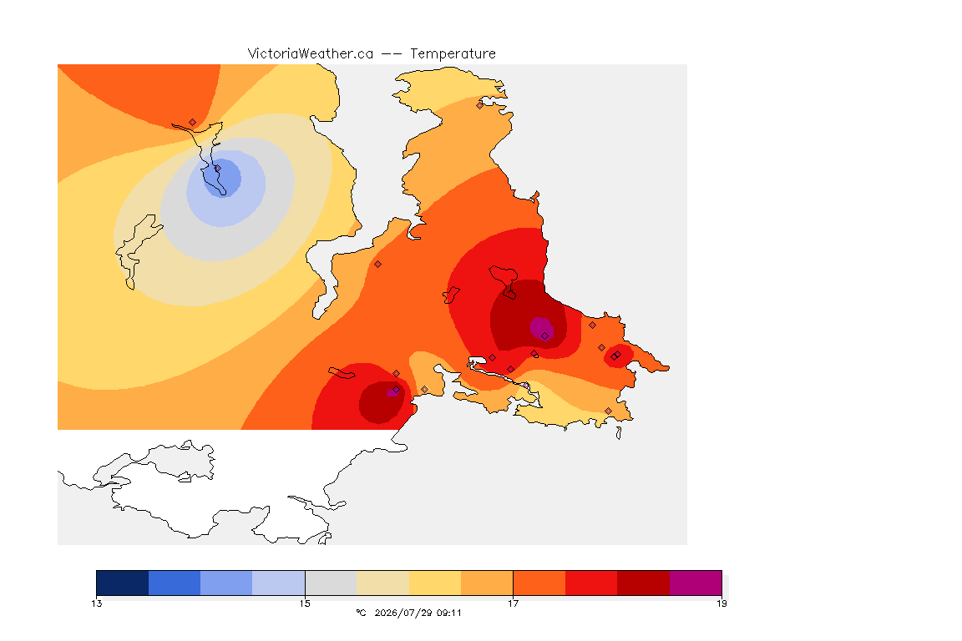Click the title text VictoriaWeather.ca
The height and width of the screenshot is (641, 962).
click(x=311, y=54)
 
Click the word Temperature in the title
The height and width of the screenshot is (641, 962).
click(x=453, y=54)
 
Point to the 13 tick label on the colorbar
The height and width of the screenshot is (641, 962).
click(x=97, y=603)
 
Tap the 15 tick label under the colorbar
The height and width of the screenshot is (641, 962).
click(x=305, y=603)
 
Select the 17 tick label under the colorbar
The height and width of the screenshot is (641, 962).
click(x=513, y=603)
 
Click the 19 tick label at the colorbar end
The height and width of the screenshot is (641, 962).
click(x=721, y=603)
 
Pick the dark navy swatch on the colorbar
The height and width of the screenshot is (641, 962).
click(x=123, y=583)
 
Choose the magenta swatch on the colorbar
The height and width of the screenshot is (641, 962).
click(x=695, y=583)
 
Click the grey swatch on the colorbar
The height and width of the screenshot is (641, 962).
click(x=331, y=583)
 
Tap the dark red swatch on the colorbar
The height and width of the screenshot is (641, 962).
click(x=643, y=583)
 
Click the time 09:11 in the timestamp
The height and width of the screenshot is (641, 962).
click(x=449, y=613)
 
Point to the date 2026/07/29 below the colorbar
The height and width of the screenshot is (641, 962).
click(x=403, y=613)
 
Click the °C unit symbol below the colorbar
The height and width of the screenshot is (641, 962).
click(x=362, y=613)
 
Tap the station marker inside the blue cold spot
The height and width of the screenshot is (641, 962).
click(x=217, y=168)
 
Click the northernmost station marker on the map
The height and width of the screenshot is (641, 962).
click(x=480, y=105)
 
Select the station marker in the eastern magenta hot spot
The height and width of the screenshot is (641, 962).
click(x=544, y=336)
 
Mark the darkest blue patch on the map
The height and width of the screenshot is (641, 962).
click(x=222, y=179)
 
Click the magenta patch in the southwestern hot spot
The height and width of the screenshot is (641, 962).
click(x=392, y=392)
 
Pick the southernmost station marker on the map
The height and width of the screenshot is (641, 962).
click(x=608, y=411)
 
